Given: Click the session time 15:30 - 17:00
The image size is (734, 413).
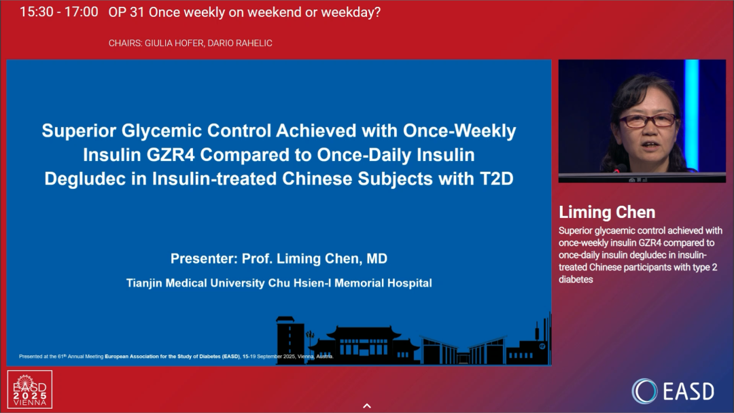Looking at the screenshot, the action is click(x=59, y=12).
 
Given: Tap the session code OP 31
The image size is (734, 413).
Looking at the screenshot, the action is click(x=126, y=12).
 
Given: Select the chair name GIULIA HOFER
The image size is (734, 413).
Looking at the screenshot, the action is click(x=174, y=43).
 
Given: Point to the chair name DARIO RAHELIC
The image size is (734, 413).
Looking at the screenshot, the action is click(x=240, y=43).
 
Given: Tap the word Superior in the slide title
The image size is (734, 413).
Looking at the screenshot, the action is click(x=79, y=131).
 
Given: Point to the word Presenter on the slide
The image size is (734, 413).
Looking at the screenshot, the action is click(x=203, y=259).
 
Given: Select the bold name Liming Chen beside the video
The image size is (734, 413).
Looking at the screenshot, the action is click(x=607, y=213).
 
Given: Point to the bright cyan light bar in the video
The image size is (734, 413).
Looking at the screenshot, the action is click(x=691, y=115).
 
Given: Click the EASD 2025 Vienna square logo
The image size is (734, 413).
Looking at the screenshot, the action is click(x=29, y=390).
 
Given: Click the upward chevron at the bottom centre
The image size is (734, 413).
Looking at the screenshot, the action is click(x=367, y=406).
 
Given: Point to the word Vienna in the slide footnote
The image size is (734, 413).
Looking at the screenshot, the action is click(x=305, y=357).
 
